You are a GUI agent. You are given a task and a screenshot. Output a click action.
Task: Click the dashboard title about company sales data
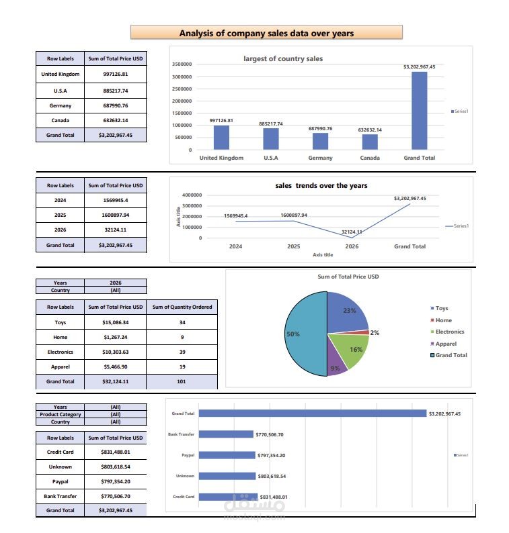(x=266, y=32)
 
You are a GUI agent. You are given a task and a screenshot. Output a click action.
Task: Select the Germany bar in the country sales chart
(x=320, y=141)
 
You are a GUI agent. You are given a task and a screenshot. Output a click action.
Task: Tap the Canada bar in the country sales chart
(x=370, y=142)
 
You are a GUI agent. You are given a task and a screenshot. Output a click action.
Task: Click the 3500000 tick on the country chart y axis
(x=182, y=64)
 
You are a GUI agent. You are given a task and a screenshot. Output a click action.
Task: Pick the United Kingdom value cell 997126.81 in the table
(x=115, y=74)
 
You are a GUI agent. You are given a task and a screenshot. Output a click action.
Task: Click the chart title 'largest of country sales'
(x=282, y=58)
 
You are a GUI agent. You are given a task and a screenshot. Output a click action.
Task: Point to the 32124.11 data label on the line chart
(x=351, y=232)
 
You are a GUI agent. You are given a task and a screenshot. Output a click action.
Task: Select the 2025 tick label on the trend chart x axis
(x=293, y=246)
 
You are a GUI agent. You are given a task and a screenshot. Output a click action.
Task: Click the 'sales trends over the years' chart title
(x=321, y=185)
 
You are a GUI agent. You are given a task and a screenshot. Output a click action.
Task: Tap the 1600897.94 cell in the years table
(x=115, y=215)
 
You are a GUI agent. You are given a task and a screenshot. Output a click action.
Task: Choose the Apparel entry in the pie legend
(x=445, y=344)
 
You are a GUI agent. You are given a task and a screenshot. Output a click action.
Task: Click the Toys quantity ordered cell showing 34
(x=182, y=322)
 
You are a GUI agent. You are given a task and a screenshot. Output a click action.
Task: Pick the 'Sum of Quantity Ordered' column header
(x=182, y=307)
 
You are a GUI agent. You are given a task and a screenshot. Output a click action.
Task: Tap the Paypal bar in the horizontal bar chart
(x=227, y=455)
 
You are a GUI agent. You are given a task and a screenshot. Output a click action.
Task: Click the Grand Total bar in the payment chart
(x=313, y=414)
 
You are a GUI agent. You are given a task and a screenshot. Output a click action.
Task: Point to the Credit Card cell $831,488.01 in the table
(x=115, y=452)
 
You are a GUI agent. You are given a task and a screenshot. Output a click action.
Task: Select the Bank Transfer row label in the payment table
(x=60, y=496)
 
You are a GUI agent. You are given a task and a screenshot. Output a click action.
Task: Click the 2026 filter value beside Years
(x=115, y=283)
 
